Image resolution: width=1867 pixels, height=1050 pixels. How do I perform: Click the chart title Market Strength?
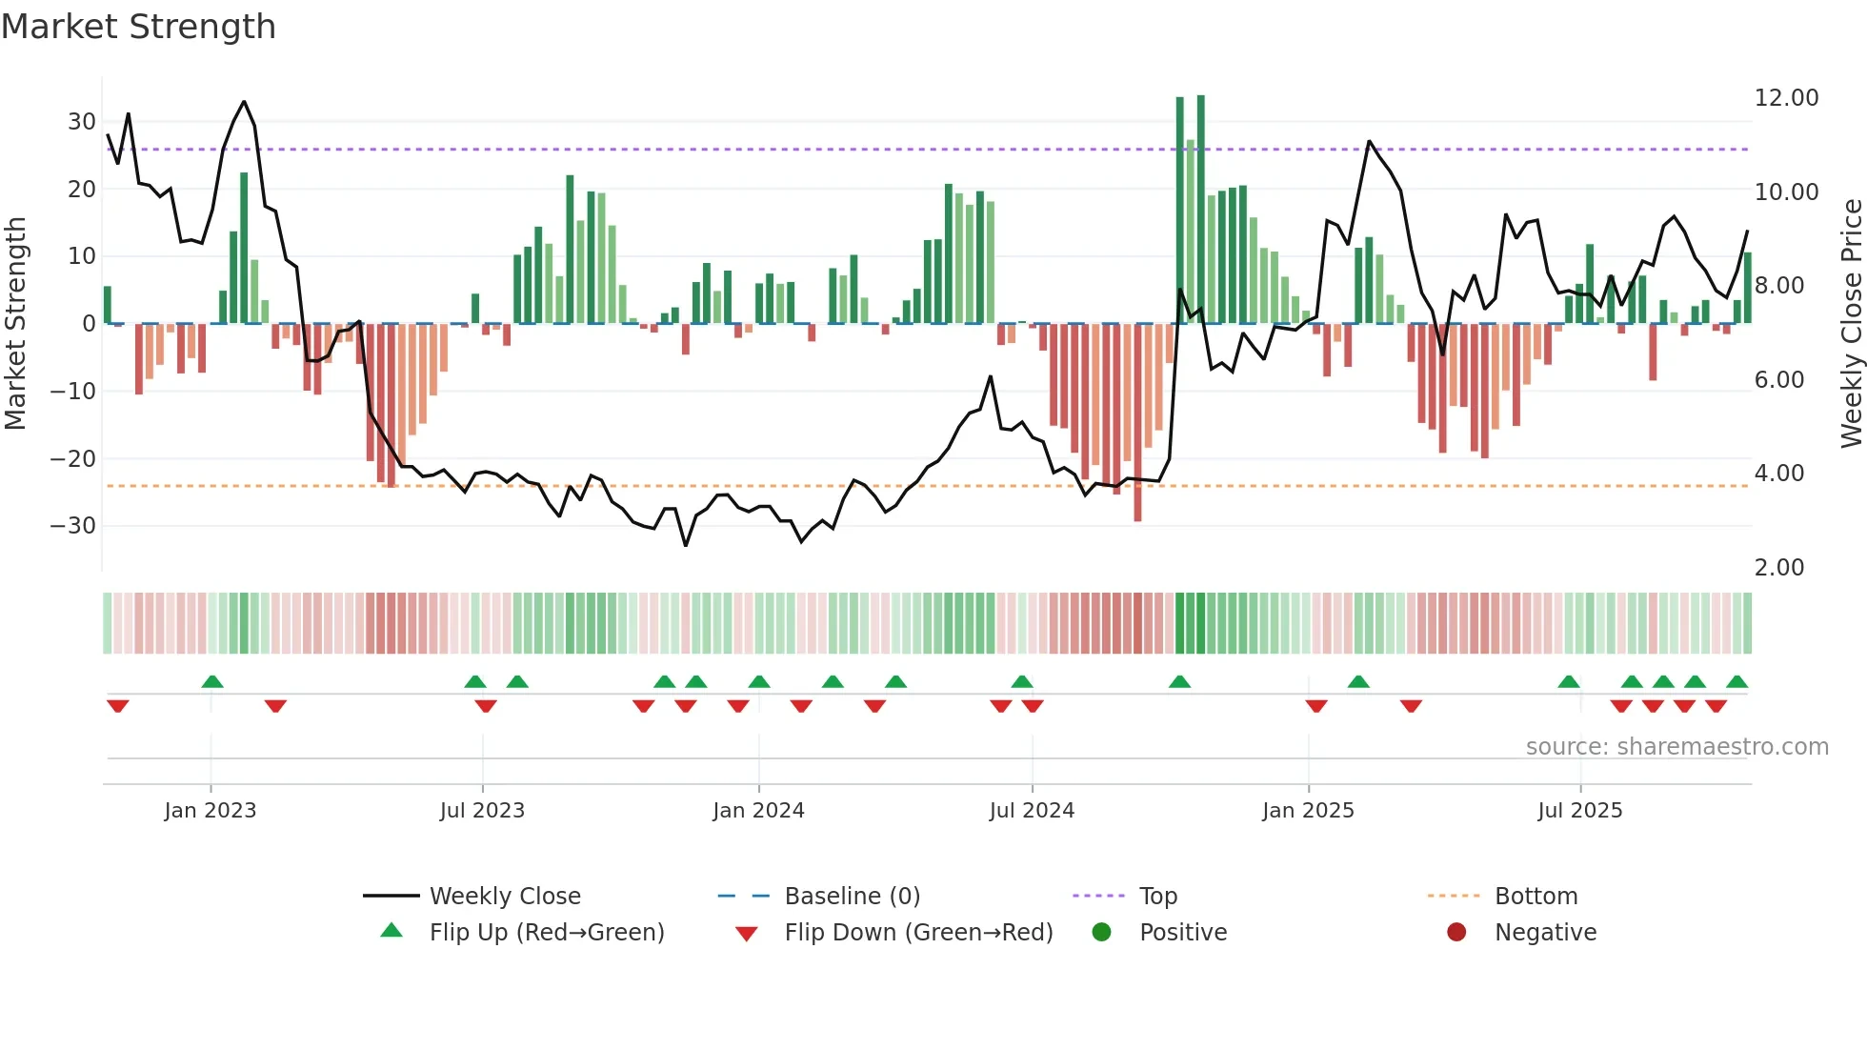[x=139, y=27]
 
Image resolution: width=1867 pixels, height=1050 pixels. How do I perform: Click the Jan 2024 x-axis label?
[x=758, y=811]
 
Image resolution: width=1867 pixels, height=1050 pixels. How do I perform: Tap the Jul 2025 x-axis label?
[x=1579, y=811]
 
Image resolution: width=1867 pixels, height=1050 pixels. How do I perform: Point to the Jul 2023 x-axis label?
[x=482, y=811]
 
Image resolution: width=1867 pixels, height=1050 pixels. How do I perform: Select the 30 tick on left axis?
[x=82, y=122]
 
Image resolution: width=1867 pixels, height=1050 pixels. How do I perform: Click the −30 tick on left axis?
[x=73, y=526]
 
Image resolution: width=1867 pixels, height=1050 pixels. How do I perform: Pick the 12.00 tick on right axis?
[x=1786, y=98]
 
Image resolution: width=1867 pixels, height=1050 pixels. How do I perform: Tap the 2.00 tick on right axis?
[x=1778, y=568]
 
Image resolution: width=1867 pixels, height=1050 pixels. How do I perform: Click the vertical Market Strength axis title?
[x=16, y=324]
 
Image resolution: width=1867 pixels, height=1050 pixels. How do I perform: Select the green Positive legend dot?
[x=1101, y=933]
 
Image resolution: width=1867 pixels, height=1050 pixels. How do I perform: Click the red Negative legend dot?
[x=1455, y=933]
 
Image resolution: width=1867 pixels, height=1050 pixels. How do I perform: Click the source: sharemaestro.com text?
[x=1676, y=747]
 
